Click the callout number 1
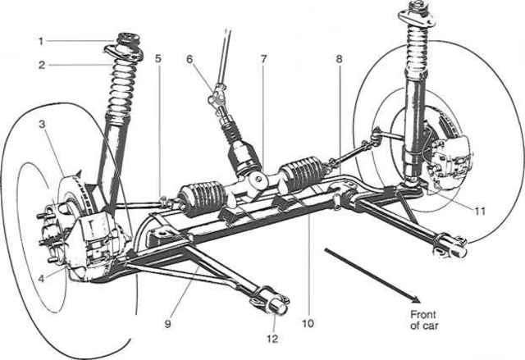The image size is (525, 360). pos(41,39)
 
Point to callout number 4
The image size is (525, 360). pos(41,276)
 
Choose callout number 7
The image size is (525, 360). pos(262,60)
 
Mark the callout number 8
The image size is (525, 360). pos(338,60)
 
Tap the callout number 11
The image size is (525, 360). pos(480,211)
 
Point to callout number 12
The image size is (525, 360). pos(272,335)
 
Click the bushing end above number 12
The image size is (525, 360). pos(276,303)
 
